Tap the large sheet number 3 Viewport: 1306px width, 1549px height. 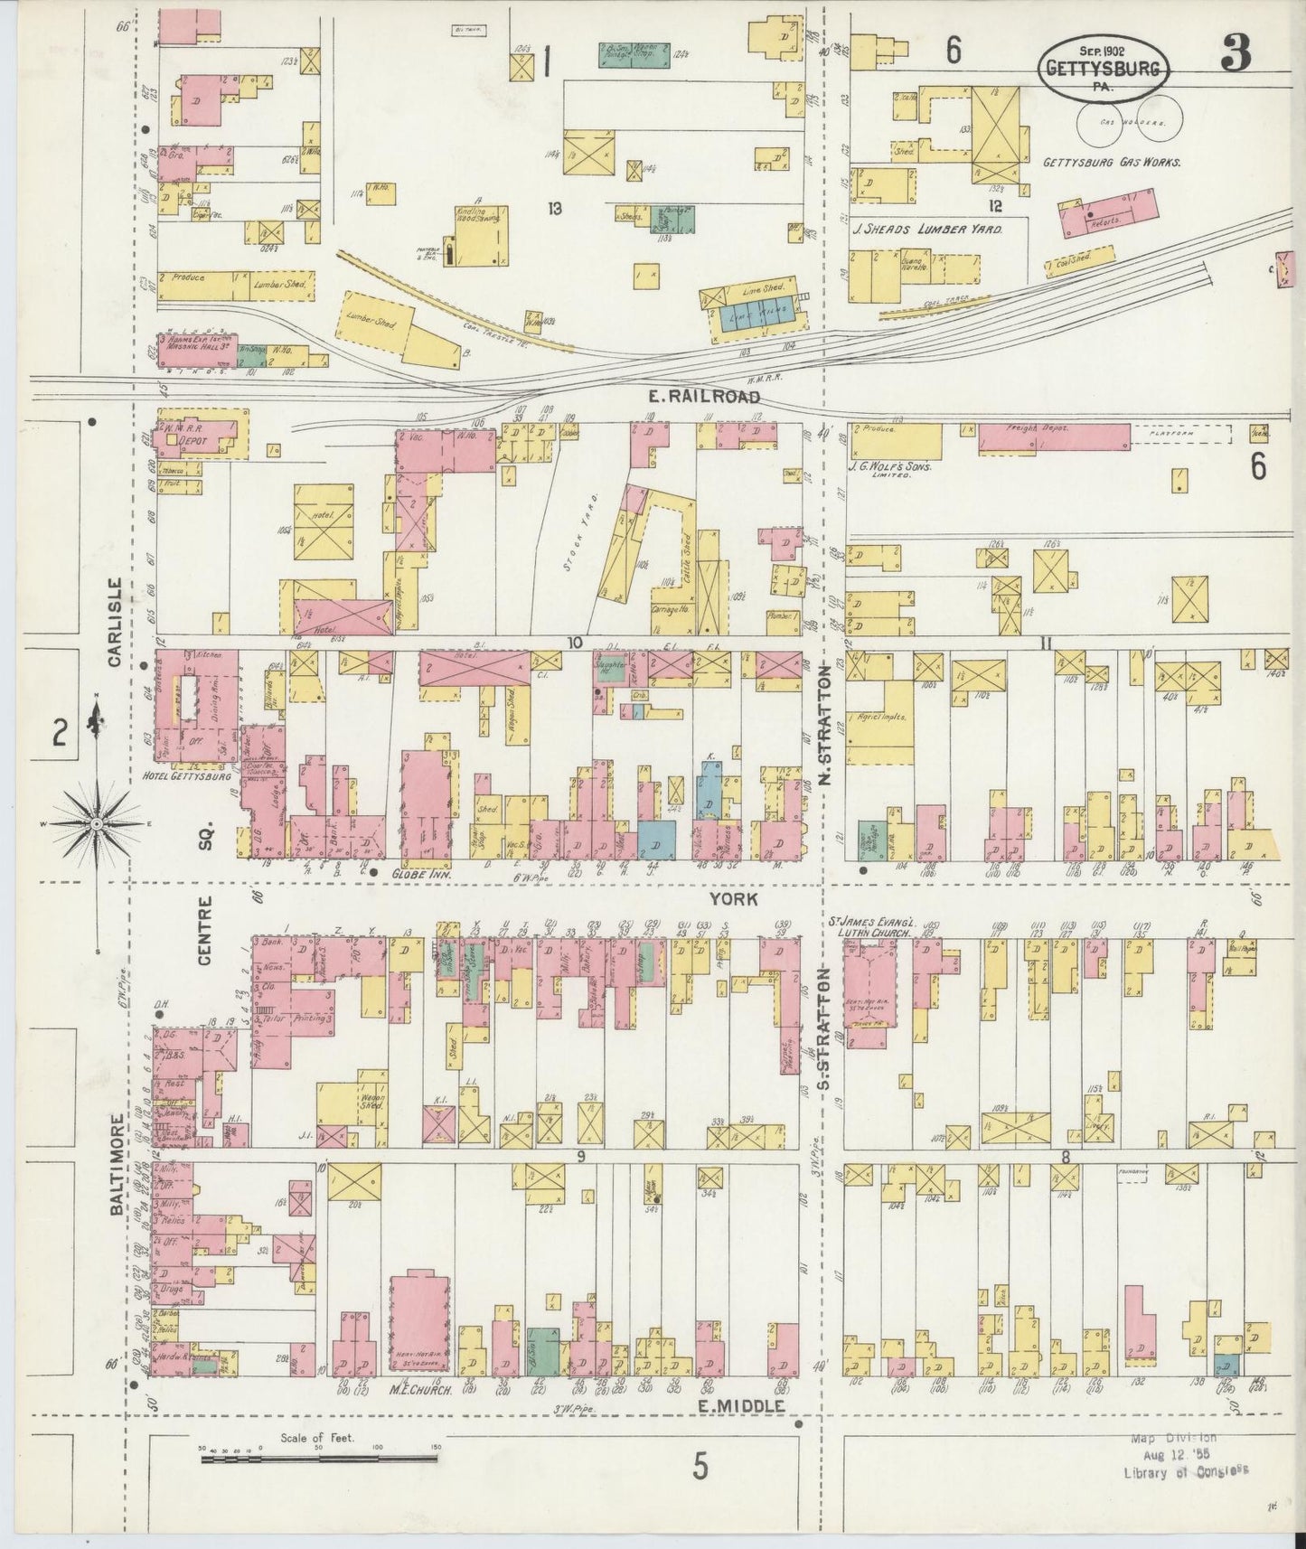pos(1236,56)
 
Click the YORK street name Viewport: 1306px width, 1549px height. pos(730,900)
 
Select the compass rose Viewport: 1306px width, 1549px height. pos(96,826)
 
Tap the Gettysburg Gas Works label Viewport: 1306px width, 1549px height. pos(1112,164)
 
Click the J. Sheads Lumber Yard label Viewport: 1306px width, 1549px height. pos(926,230)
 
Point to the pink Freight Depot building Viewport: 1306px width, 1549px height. pos(1053,437)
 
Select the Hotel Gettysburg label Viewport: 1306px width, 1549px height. pos(186,775)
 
